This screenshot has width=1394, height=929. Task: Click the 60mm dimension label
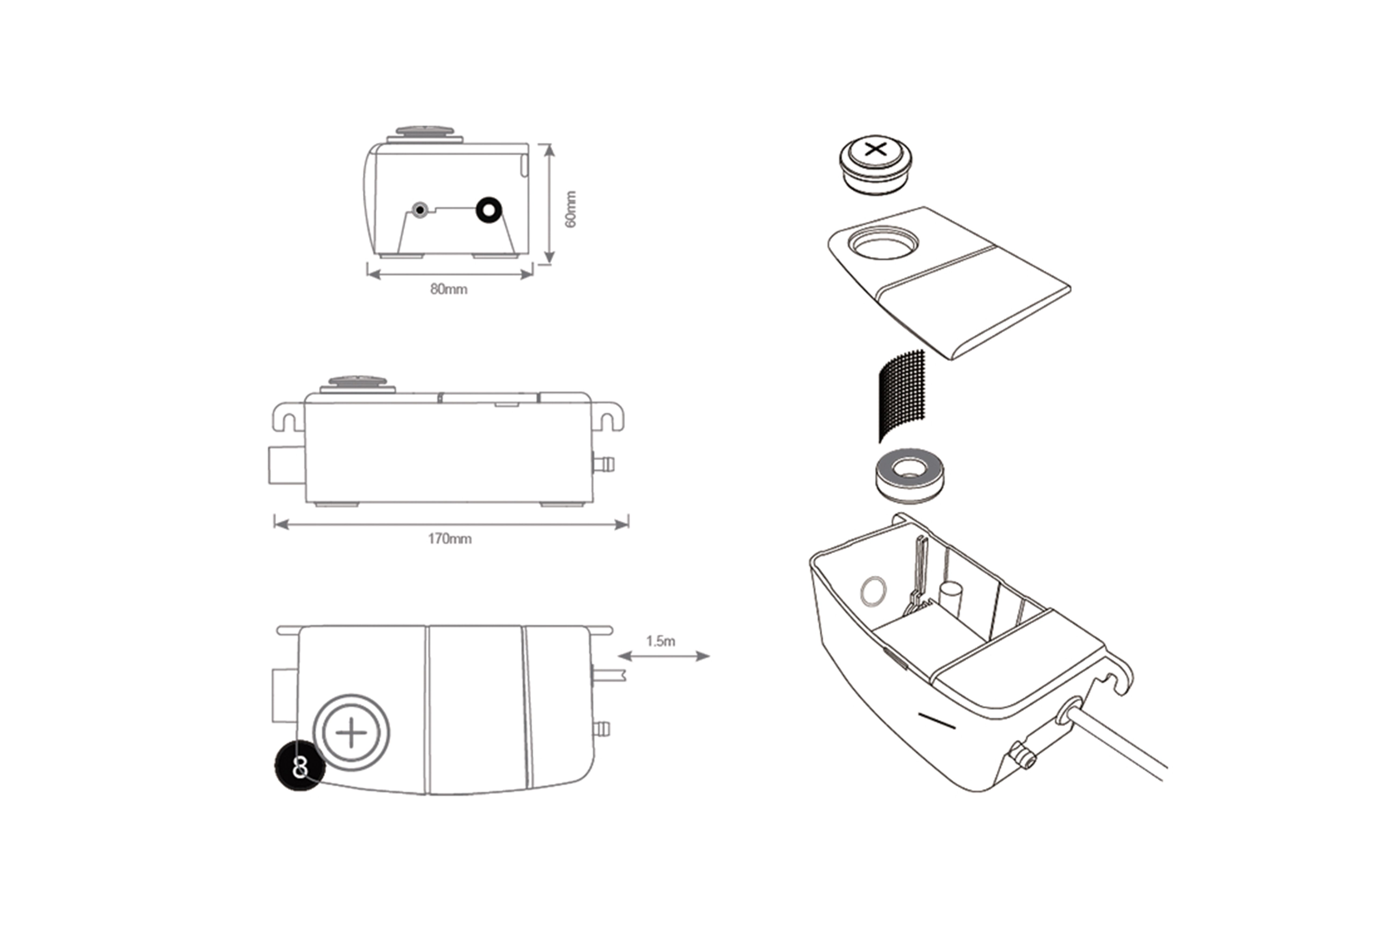570,209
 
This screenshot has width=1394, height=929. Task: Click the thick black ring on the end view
489,210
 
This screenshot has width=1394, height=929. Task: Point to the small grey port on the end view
419,210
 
